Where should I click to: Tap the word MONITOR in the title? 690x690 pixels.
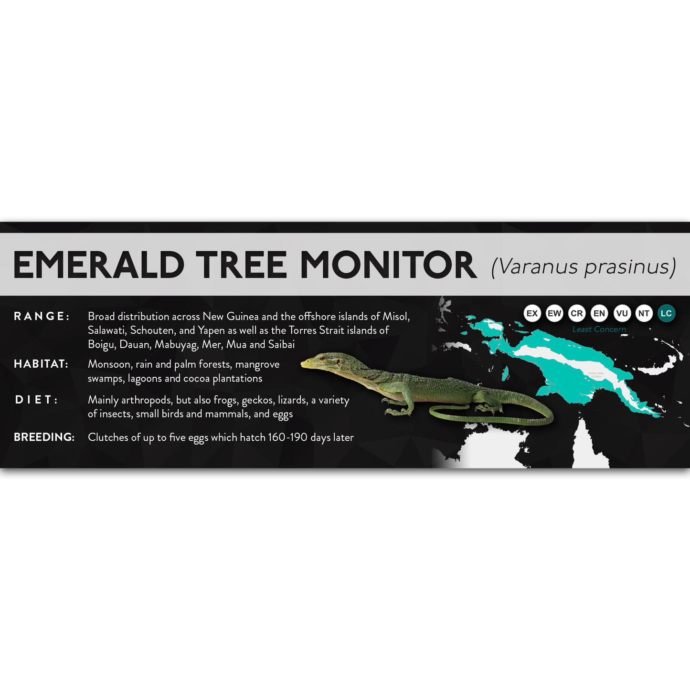coord(388,265)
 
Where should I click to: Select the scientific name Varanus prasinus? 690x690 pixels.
coord(584,266)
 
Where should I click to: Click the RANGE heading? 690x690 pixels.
coord(42,316)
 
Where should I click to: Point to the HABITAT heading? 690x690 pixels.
coord(41,364)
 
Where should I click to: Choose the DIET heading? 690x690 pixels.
coord(37,400)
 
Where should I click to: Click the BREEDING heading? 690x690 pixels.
coord(44,437)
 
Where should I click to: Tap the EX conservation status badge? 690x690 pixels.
coord(532,313)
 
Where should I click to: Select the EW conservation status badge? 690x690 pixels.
coord(554,313)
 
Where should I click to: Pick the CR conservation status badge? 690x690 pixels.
coord(577,313)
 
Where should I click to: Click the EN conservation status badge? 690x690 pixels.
coord(599,313)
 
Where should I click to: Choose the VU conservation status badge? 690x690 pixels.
coord(622,313)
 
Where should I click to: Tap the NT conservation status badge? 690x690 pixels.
coord(644,313)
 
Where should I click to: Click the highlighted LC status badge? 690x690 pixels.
coord(666,313)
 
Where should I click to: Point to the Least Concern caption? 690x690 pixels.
coord(599,329)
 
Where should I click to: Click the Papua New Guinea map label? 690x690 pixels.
coord(595,375)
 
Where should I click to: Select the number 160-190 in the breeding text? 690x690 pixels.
coord(287,437)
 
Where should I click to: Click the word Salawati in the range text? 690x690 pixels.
coord(106,330)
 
